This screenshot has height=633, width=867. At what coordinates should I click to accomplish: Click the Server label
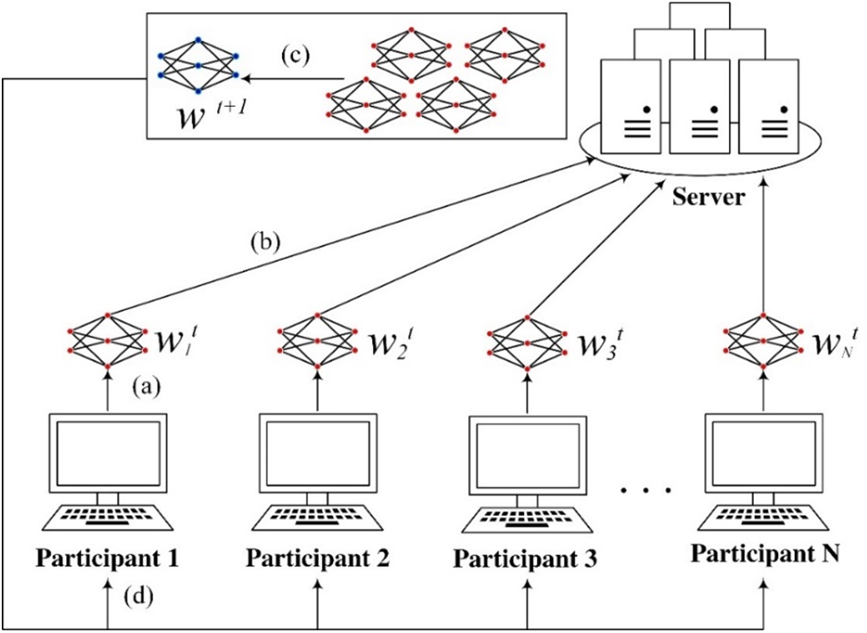[x=708, y=197]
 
